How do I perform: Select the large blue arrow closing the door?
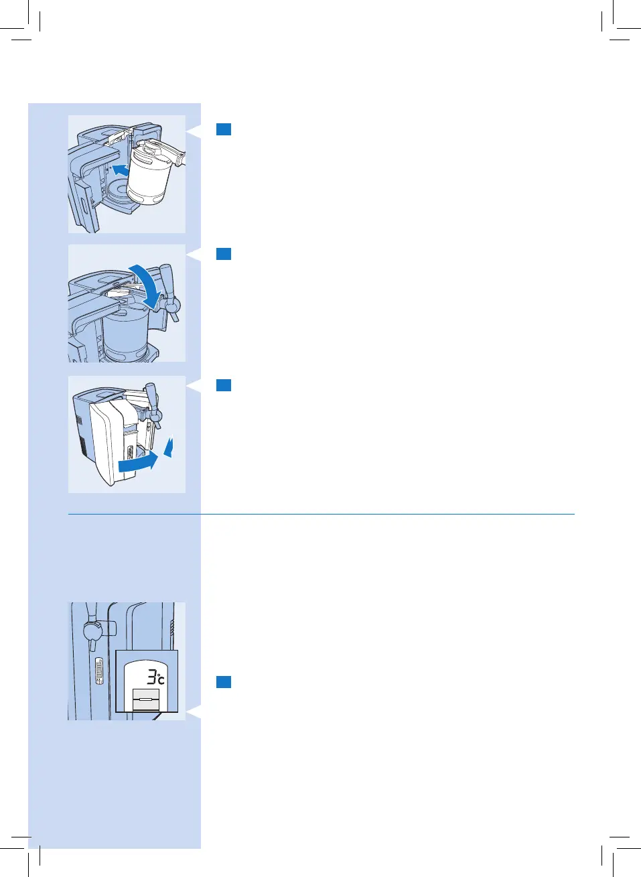coord(139,462)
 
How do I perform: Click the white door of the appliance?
coord(104,442)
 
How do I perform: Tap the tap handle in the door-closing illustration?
coord(151,401)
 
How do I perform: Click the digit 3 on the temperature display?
coord(152,675)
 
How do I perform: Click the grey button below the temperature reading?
coord(146,699)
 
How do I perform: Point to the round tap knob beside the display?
coord(91,631)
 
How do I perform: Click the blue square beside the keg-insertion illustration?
coord(224,129)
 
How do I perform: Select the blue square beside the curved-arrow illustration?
coord(224,254)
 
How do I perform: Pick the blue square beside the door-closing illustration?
coord(224,385)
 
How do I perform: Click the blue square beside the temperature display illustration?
coord(224,682)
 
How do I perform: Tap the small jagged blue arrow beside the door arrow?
coord(169,447)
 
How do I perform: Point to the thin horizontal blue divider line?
coord(322,515)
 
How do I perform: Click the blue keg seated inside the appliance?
coord(126,332)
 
